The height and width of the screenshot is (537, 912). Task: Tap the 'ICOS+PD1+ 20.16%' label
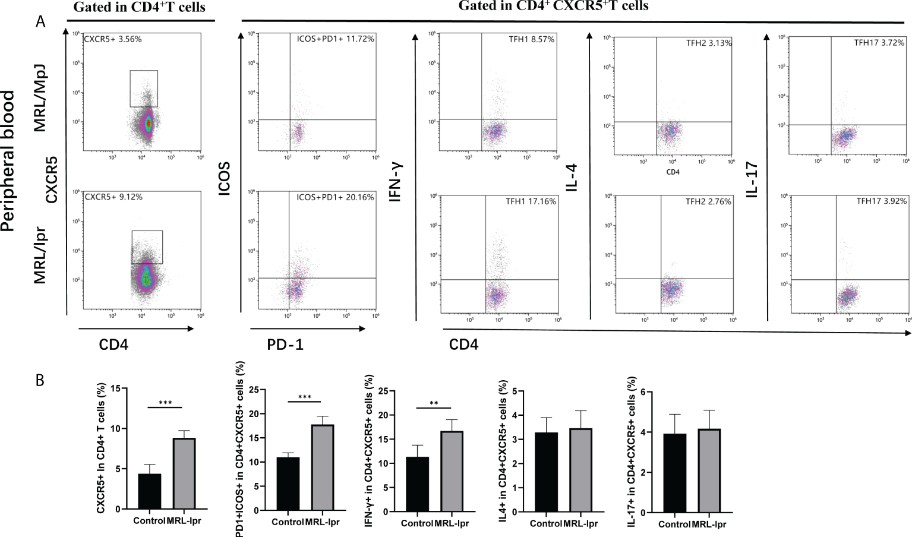tap(335, 197)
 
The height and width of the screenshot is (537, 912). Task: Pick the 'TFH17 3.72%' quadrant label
tap(879, 43)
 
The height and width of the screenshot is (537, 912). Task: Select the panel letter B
tap(40, 380)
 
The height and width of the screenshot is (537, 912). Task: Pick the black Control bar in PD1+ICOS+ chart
tap(288, 484)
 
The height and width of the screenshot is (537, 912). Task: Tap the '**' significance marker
tap(434, 404)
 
